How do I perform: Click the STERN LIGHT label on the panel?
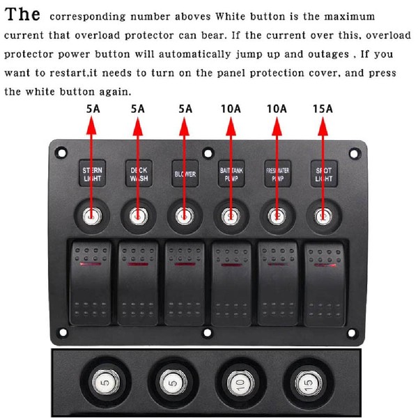coord(92,173)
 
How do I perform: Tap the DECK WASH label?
coord(138,173)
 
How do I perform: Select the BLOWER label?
coord(185,173)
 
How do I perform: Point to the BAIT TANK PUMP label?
coord(231,173)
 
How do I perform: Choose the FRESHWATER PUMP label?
coord(277,173)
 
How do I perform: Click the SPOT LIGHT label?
coord(323,173)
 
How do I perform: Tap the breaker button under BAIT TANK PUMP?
coord(231,216)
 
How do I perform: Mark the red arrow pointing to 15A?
coord(323,160)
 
